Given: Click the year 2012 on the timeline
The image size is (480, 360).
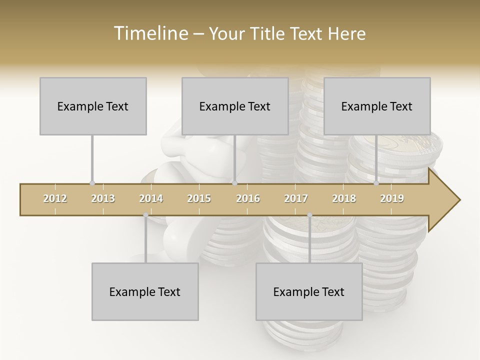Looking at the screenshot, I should point(55,198).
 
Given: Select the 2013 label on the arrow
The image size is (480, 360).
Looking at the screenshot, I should point(103,198).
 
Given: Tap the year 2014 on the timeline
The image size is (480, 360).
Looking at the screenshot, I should point(151,198).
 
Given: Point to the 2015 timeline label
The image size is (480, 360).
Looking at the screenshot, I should point(199,198).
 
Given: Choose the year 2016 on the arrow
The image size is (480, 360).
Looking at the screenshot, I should point(248,198).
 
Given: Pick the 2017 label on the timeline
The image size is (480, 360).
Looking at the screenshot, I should point(296,198).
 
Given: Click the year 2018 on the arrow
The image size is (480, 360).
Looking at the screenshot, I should point(344,198).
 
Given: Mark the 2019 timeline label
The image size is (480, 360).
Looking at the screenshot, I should point(392,198).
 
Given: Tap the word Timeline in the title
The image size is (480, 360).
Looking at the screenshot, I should point(150,33).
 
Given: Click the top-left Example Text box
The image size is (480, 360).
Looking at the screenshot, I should point(93,106).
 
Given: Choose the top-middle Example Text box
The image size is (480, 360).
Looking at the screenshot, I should point(235,106).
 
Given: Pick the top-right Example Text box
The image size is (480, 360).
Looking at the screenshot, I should point(377,106).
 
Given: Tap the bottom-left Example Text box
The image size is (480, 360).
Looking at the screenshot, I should point(145,291).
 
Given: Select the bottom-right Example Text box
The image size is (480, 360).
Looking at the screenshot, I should point(309,291).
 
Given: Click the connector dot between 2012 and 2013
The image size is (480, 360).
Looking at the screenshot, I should point(92,183).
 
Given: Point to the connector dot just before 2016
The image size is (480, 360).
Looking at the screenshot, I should point(234,183).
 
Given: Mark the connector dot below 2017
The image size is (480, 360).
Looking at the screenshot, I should point(309,215).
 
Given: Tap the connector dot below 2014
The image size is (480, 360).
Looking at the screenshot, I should point(145,215).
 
